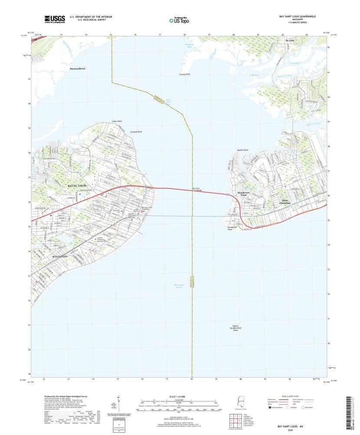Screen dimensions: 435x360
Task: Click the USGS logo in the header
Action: (x=54, y=19)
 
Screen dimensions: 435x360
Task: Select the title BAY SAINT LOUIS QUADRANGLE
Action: (x=297, y=16)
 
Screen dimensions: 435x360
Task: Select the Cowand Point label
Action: (x=136, y=131)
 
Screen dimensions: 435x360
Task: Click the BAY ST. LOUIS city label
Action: (x=79, y=186)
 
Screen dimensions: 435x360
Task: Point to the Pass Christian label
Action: (x=285, y=201)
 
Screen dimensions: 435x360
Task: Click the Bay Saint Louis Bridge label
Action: (x=197, y=189)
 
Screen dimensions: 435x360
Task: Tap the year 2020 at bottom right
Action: (x=295, y=430)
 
